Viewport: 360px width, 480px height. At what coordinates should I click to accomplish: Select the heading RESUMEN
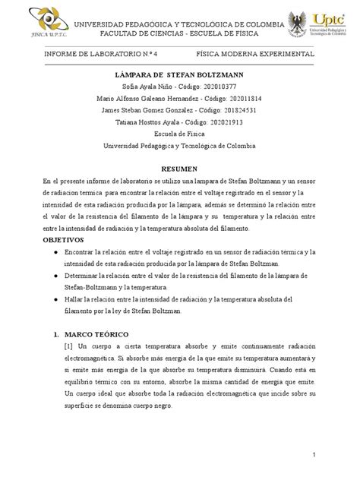[x=179, y=169]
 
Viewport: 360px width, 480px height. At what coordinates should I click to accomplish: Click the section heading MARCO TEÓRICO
[x=89, y=334]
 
